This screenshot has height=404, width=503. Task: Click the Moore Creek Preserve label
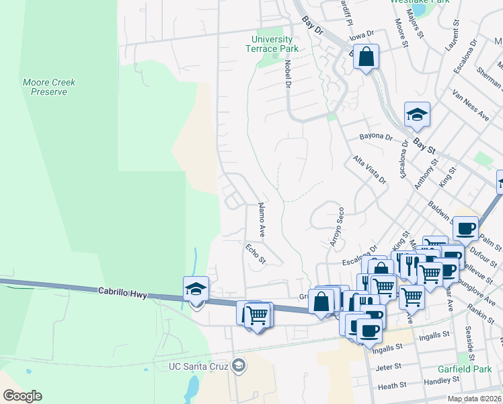click(x=49, y=87)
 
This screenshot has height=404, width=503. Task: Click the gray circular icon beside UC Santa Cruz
click(x=238, y=366)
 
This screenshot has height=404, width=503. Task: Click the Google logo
click(x=22, y=395)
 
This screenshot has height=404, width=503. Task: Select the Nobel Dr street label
click(x=287, y=74)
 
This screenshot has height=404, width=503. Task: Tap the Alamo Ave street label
click(x=261, y=220)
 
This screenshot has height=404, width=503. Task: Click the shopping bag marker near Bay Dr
click(x=366, y=58)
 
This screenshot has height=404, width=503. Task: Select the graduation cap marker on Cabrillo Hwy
click(x=196, y=290)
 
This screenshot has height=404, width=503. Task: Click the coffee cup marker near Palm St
click(x=465, y=228)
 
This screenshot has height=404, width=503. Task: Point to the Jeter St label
click(x=389, y=367)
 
